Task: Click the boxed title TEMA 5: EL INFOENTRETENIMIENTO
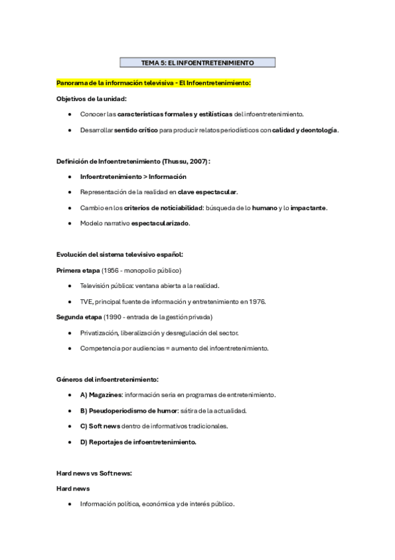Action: (x=197, y=63)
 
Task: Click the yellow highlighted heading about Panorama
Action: (x=154, y=83)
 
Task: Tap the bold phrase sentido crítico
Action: (x=136, y=130)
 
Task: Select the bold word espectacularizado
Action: (x=160, y=223)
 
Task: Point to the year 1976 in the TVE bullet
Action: (x=257, y=301)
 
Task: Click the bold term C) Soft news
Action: (x=100, y=425)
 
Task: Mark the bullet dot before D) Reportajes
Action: (x=69, y=441)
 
